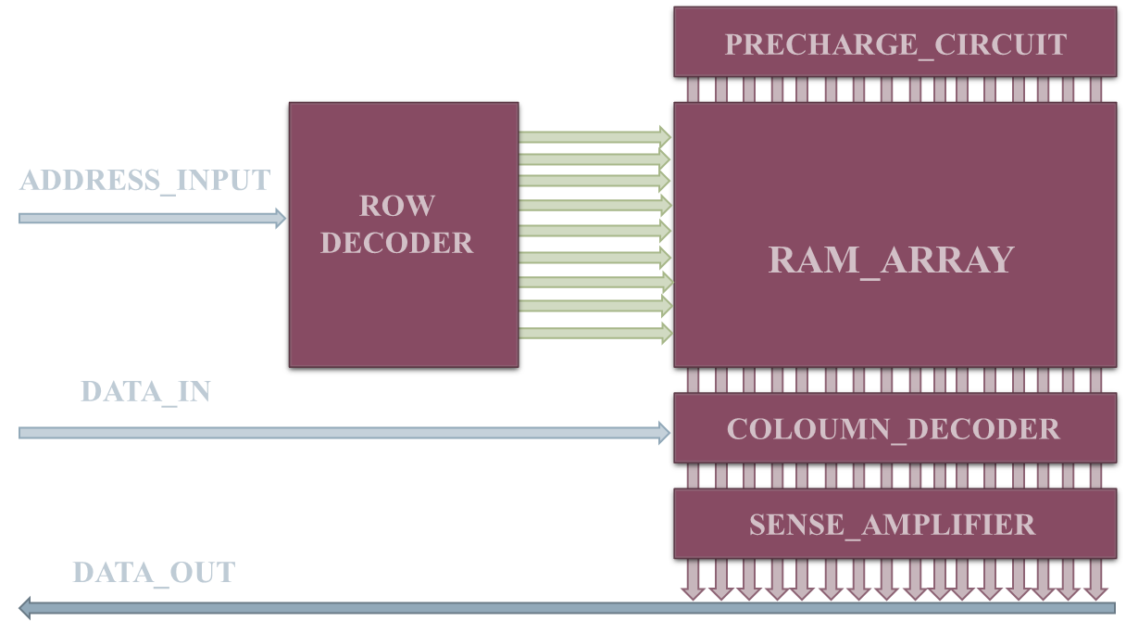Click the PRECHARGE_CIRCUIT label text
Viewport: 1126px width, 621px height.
coord(895,44)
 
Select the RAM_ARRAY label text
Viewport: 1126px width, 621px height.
coord(891,260)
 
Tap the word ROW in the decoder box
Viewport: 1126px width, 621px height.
coord(396,206)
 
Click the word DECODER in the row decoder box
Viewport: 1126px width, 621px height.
coord(396,243)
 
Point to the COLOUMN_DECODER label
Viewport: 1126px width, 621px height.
coord(893,429)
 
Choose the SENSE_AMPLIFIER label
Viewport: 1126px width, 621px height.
coord(892,525)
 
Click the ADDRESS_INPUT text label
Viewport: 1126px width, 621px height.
coord(144,180)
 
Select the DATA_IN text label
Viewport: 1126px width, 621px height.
coord(145,392)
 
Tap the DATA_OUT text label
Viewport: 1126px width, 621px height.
coord(154,573)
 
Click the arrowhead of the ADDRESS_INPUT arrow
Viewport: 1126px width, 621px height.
coord(280,219)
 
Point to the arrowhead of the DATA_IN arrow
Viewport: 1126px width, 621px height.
coord(664,432)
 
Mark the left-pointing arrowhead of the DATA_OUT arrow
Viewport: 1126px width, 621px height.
coord(26,608)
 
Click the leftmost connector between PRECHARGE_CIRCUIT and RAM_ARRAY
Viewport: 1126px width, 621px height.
coord(692,90)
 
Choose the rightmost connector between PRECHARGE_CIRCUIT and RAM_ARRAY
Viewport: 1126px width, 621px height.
coord(1095,90)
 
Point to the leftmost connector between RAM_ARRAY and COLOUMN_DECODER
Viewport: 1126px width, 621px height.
coord(692,380)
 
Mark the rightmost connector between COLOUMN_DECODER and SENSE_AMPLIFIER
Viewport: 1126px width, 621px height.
coord(1095,475)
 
